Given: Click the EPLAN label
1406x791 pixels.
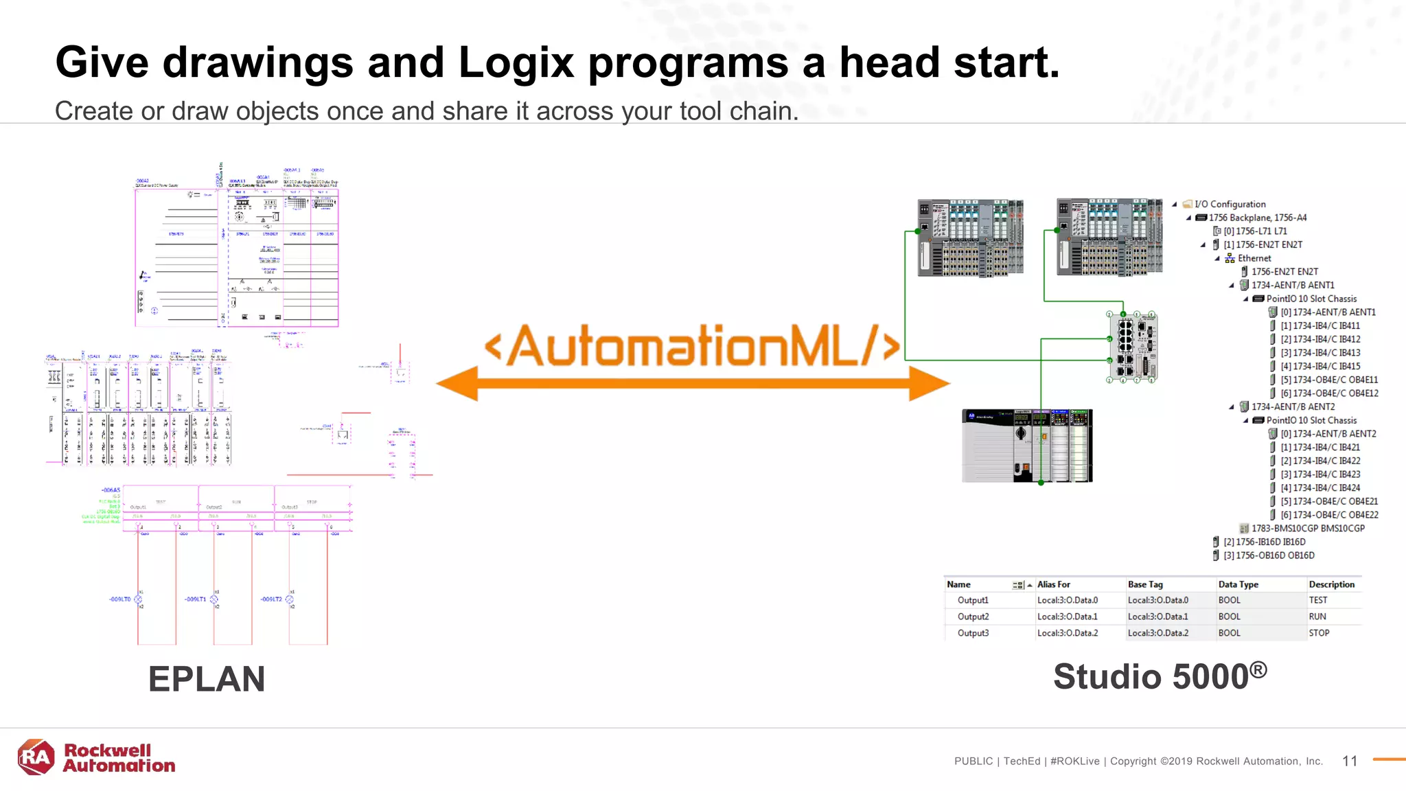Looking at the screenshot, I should click(207, 679).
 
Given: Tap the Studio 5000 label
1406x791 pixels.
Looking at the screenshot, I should click(1160, 676).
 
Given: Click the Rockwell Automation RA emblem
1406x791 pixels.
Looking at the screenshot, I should click(36, 757).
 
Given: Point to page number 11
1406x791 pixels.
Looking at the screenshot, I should click(1350, 761).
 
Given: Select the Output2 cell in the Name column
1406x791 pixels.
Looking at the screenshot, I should click(973, 617).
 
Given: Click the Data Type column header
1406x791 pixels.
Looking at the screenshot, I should click(1238, 584).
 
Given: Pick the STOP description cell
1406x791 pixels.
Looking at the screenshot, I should click(1319, 633).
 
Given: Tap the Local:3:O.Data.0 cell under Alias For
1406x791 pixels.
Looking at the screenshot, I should click(1067, 600).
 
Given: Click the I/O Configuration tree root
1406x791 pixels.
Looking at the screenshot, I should click(1230, 204).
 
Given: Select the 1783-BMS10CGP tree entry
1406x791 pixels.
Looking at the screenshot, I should click(1307, 528).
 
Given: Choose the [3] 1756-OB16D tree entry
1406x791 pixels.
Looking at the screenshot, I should click(1269, 555).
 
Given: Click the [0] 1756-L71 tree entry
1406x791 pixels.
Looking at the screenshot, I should click(1255, 231).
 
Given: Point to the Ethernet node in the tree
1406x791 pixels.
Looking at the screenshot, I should click(1254, 258).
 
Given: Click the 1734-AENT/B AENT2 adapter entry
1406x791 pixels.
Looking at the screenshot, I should click(1293, 406).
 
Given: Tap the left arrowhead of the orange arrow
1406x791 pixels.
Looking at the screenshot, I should click(457, 383).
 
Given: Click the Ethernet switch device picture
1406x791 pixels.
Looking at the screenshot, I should click(1132, 347).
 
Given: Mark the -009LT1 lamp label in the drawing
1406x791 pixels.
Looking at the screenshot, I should click(195, 599).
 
